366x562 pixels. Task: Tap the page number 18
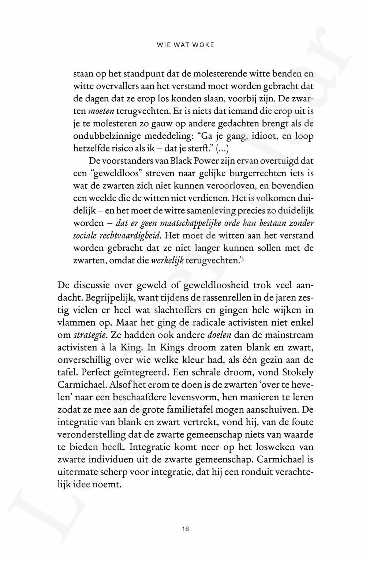pyautogui.click(x=185, y=529)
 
